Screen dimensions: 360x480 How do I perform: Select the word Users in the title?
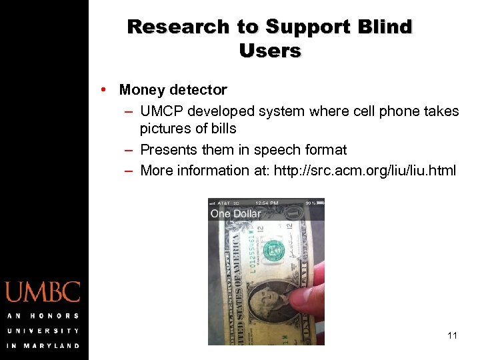270,51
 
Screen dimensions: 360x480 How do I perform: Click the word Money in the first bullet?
142,89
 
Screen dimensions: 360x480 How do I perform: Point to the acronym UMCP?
160,111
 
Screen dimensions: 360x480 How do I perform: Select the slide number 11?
453,335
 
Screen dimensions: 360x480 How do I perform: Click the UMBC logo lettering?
43,292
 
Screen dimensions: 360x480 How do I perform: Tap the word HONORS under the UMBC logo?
56,316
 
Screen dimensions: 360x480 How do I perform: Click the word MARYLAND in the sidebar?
53,345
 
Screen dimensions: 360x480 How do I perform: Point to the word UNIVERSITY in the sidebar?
43,331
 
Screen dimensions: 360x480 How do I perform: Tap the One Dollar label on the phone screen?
235,214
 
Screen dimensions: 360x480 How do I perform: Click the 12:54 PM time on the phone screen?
266,202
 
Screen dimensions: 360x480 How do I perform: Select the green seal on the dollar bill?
272,251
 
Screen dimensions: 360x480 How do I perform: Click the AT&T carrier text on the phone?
223,202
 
